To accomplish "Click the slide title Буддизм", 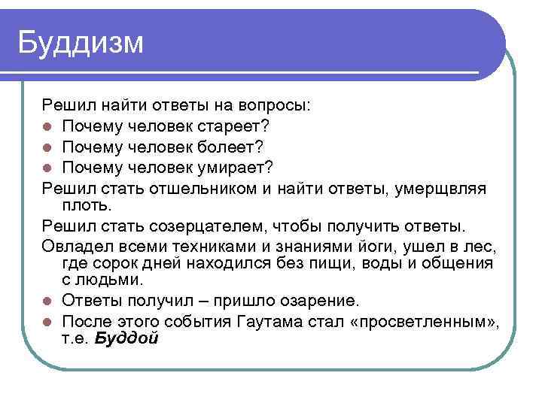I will click(80, 43).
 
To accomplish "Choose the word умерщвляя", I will click(440, 186).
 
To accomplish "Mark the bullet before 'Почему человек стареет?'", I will click(47, 125).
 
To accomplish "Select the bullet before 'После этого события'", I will click(47, 323).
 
